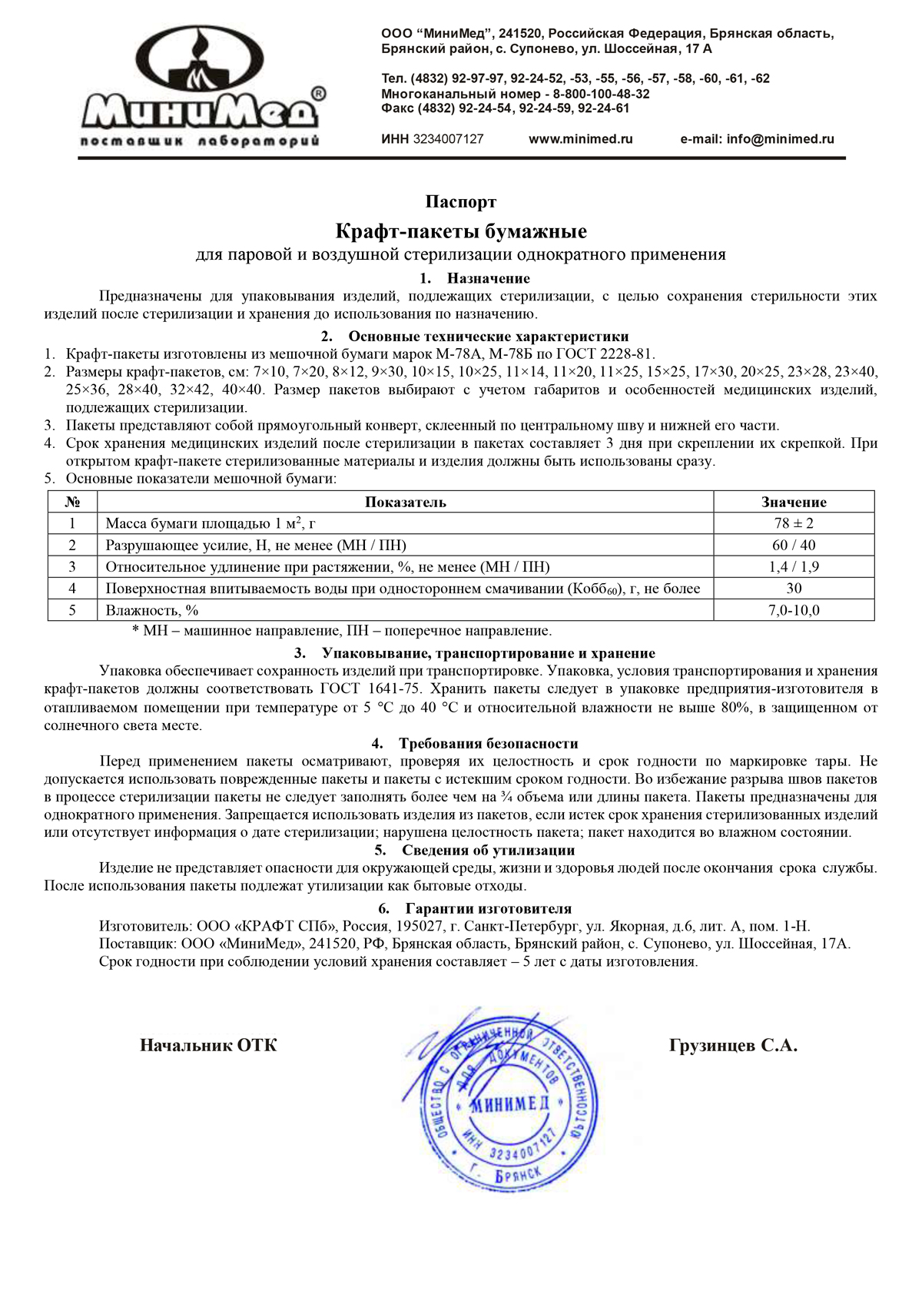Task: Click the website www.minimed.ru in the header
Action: coord(580,139)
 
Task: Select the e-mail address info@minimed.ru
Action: coord(780,139)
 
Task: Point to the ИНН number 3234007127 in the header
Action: coord(449,139)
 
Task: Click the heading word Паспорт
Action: coord(461,202)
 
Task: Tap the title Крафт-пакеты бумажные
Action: coord(461,231)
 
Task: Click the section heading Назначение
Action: coord(488,278)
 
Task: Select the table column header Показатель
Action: coord(405,503)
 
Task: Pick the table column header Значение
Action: coord(794,503)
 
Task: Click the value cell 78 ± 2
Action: coord(794,523)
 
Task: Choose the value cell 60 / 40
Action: coord(794,545)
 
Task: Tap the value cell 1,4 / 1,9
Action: coord(794,567)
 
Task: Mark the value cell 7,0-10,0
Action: coord(794,610)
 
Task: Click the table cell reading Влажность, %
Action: coord(152,610)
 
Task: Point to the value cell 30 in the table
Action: coord(794,589)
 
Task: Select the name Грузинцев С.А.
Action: coord(733,1046)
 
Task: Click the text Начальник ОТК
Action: coord(208,1046)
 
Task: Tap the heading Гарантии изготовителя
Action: coord(488,908)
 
